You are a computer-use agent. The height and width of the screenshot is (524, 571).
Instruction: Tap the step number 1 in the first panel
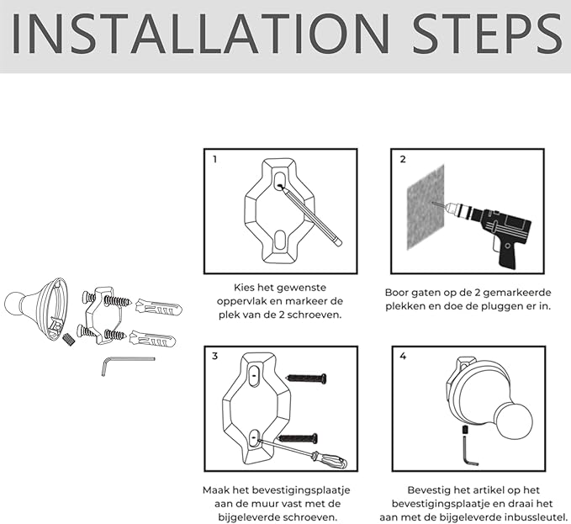(x=215, y=159)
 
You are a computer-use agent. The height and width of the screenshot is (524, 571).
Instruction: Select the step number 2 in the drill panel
(x=403, y=159)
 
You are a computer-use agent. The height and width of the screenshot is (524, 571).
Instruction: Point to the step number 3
(x=214, y=356)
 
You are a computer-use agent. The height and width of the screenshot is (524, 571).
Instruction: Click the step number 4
(x=403, y=356)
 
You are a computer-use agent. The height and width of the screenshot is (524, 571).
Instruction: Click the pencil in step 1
(x=310, y=215)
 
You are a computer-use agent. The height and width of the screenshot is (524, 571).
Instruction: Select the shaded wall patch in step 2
(x=426, y=207)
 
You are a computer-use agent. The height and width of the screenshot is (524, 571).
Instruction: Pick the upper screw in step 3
(x=306, y=378)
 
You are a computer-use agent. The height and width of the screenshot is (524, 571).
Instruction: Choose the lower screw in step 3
(x=298, y=438)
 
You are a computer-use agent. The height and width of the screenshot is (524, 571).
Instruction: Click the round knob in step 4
(x=514, y=421)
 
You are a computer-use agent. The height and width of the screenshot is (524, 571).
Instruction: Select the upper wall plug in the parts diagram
(x=158, y=308)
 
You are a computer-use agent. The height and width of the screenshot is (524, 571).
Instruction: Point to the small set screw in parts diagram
(x=68, y=339)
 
